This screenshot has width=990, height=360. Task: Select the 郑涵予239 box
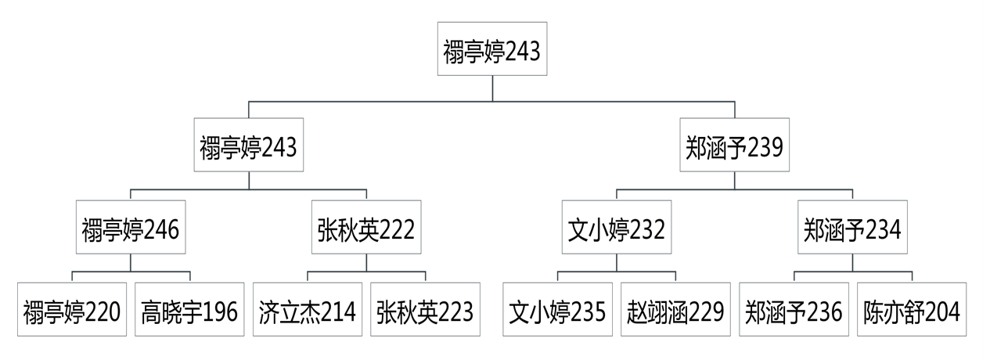tap(734, 148)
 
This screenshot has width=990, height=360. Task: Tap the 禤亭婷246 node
tap(131, 230)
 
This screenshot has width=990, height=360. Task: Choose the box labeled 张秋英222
tap(365, 230)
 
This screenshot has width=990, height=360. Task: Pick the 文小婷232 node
tap(616, 230)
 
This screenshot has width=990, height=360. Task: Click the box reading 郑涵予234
tap(851, 230)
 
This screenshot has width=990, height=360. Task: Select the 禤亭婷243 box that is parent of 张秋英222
tap(249, 148)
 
